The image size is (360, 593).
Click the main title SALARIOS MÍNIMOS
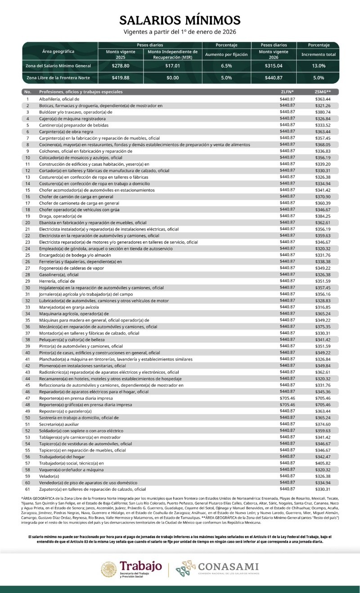point(180,20)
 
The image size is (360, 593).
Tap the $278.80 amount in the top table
point(121,66)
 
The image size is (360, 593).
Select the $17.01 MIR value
point(172,66)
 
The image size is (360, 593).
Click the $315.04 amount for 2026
point(274,66)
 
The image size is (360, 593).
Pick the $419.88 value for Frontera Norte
point(121,78)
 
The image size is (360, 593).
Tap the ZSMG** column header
point(323,92)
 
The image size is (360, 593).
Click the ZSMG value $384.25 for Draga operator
point(323,216)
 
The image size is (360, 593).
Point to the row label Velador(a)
point(49,476)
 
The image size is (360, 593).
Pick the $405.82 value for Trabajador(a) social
point(323,463)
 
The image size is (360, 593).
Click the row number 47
point(27,398)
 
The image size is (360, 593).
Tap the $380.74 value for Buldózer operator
point(323,112)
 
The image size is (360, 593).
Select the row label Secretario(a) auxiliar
point(59,424)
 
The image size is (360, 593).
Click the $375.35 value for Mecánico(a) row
point(323,326)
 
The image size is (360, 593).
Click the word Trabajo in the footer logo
point(140,566)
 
